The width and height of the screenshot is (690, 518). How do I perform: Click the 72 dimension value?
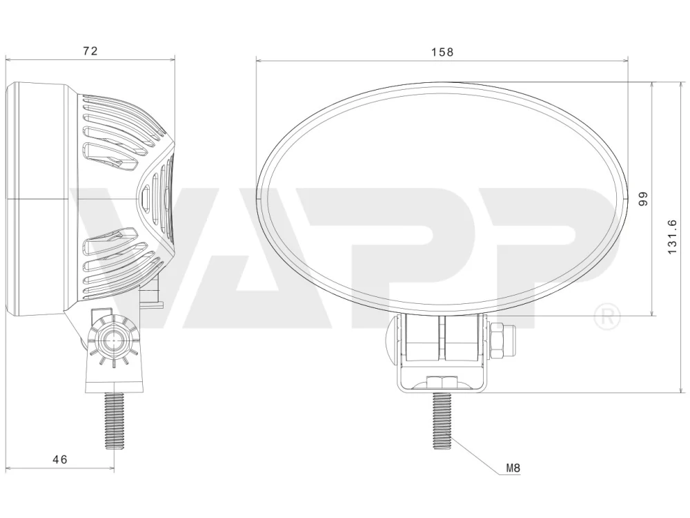coord(90,50)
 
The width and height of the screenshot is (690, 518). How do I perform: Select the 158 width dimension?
coord(442,52)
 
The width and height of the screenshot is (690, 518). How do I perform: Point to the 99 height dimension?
coord(642,199)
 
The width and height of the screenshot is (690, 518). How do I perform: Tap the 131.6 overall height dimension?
coord(673,237)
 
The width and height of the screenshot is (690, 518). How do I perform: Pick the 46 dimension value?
coord(61,459)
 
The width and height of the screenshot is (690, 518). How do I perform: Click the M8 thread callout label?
coord(513,468)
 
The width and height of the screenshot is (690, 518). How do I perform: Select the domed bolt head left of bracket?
coord(391,340)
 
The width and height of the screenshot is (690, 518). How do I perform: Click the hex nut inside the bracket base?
coord(440,381)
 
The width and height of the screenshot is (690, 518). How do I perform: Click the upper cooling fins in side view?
coord(121,131)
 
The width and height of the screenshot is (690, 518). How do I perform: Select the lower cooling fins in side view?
coord(121,262)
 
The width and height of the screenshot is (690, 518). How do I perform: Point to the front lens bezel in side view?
coord(38,198)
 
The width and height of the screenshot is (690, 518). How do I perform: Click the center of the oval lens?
coord(442,197)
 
